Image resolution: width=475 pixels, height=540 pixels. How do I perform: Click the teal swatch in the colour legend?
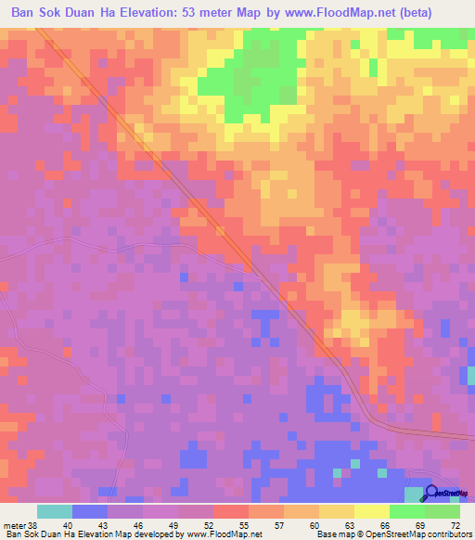(x=54, y=510)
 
